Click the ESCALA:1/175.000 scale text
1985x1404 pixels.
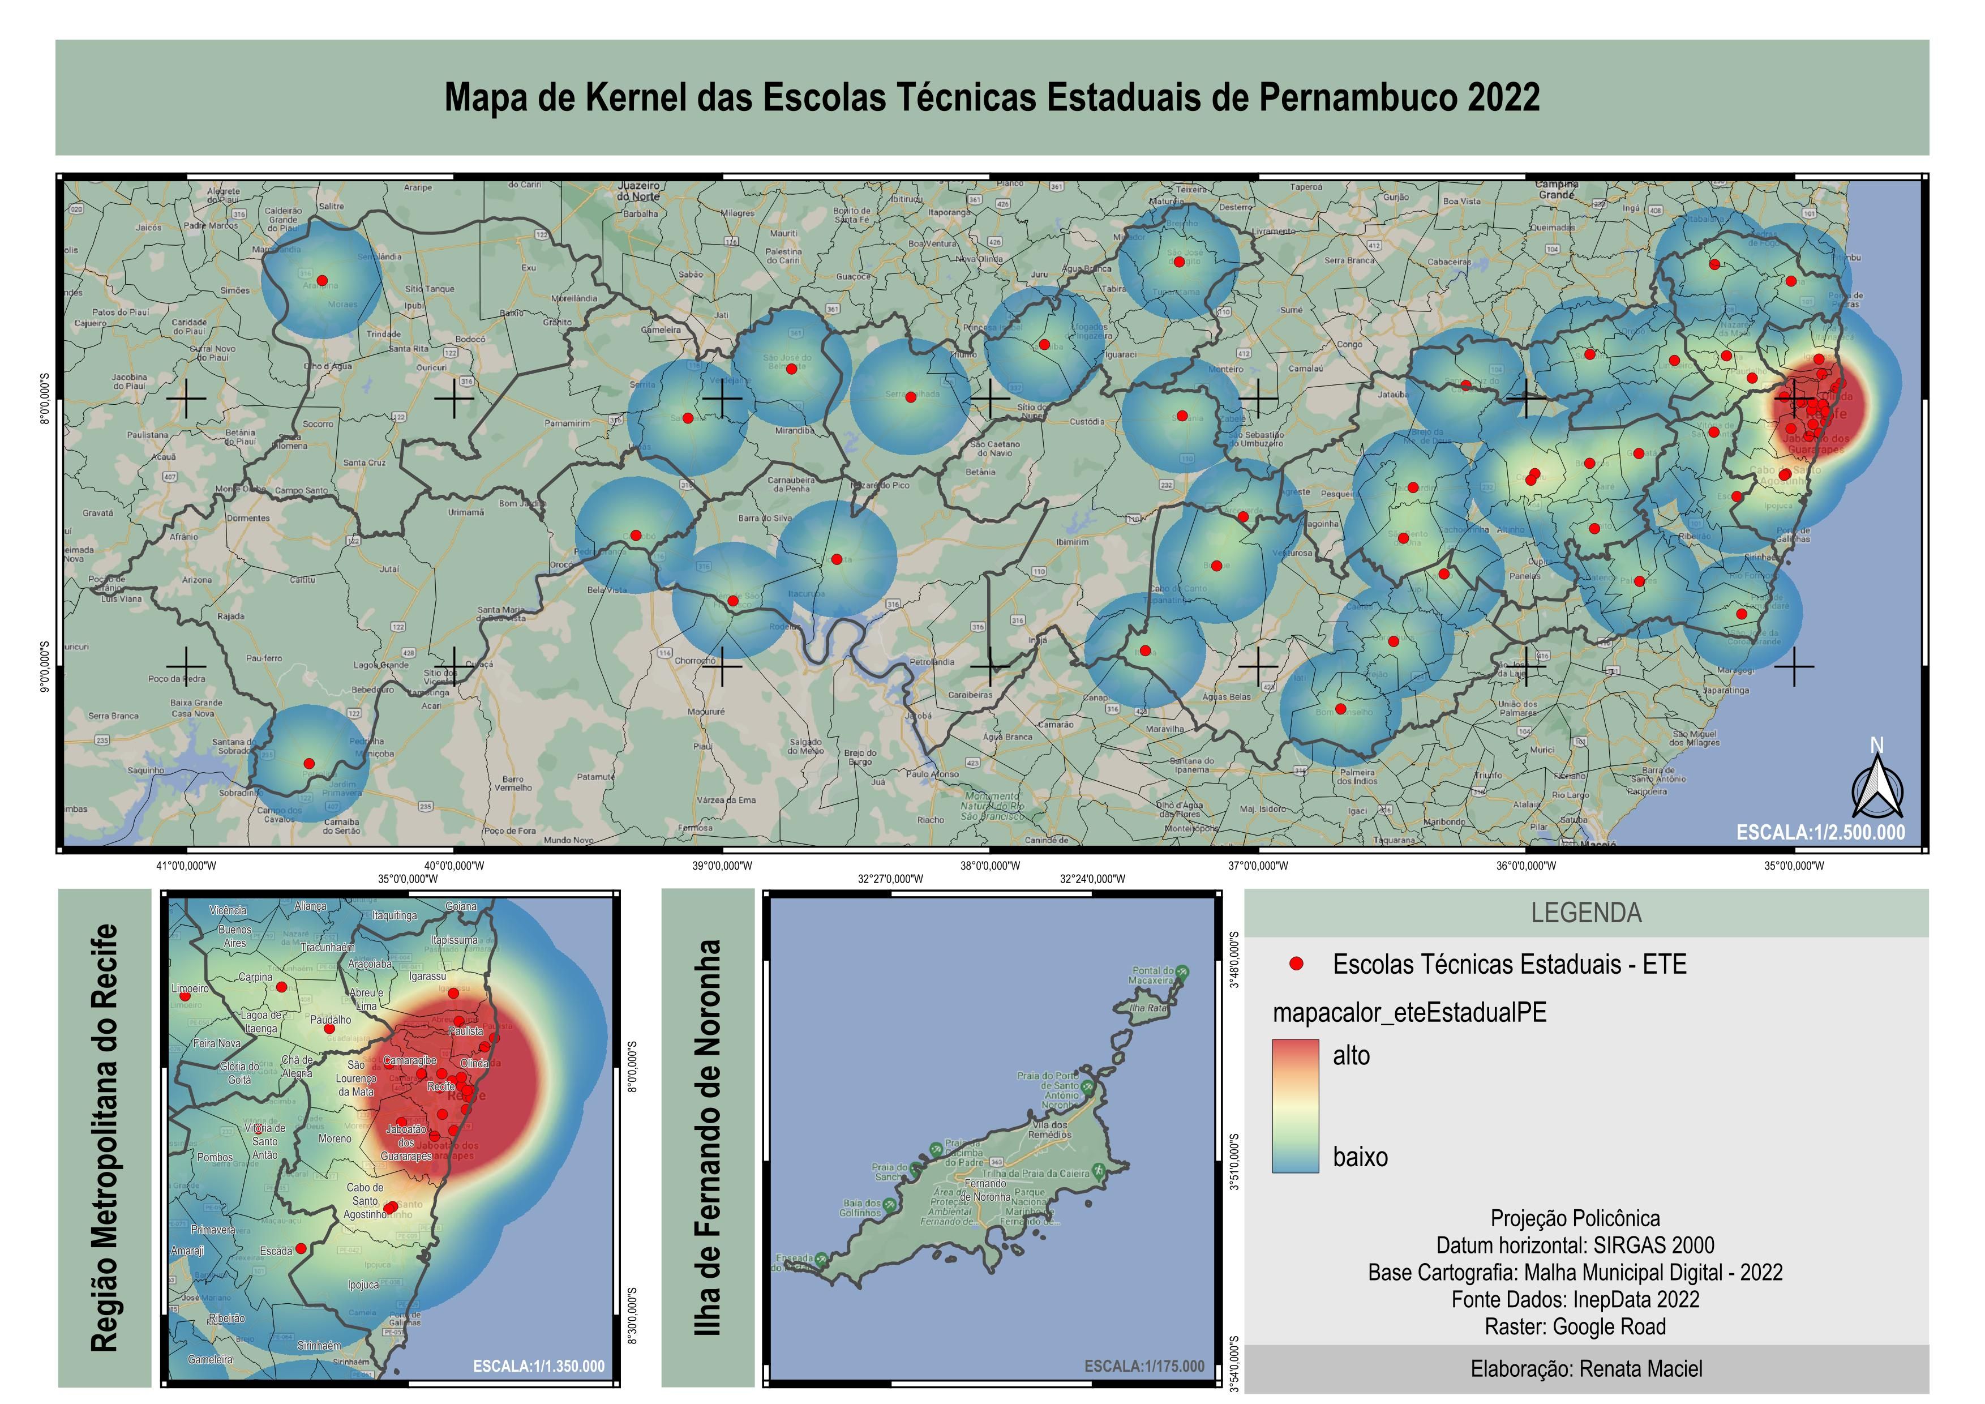pos(1144,1366)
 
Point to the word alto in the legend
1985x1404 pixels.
pos(1351,1056)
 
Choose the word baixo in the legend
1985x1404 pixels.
pos(1360,1157)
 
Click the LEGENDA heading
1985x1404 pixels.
pos(1585,913)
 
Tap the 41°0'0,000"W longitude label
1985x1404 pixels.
pos(186,866)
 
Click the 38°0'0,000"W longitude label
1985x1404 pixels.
pos(990,866)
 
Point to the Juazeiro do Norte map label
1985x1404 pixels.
pos(640,191)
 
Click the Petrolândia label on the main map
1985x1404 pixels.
pos(932,662)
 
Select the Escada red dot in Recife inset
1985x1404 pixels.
pos(301,1248)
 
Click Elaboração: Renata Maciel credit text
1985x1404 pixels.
pos(1585,1368)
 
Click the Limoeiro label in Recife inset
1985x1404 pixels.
pos(190,988)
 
